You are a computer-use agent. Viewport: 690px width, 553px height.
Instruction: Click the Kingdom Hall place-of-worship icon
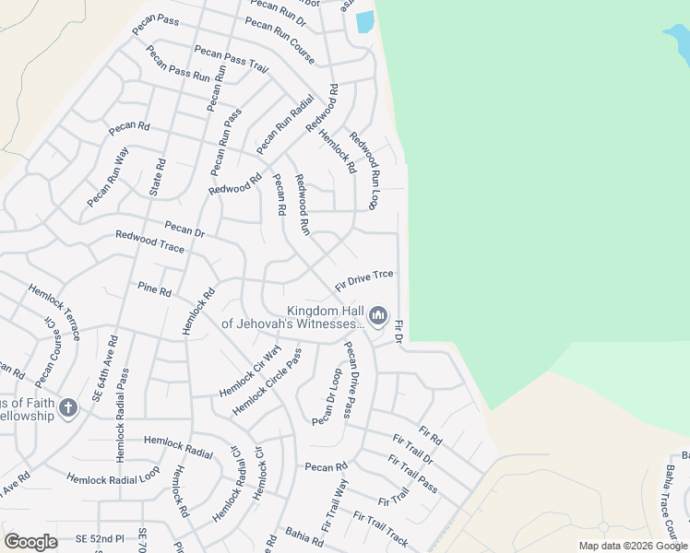[x=378, y=317]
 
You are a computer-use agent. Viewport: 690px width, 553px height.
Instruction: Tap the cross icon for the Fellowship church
[x=68, y=407]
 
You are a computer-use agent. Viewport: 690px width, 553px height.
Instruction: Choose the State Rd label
[x=158, y=177]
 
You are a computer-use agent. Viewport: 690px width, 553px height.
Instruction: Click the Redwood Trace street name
[x=149, y=242]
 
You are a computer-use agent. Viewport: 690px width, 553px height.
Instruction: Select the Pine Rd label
[x=154, y=291]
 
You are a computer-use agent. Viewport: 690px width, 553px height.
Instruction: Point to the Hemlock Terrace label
[x=54, y=312]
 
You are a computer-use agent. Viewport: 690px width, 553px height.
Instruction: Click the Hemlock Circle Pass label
[x=268, y=382]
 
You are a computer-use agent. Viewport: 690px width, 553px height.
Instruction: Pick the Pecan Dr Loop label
[x=327, y=397]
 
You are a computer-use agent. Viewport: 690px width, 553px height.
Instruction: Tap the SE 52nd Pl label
[x=100, y=537]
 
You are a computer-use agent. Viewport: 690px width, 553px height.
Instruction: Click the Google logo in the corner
[x=30, y=541]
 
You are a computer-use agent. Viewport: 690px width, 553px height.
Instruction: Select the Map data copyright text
[x=634, y=546]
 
